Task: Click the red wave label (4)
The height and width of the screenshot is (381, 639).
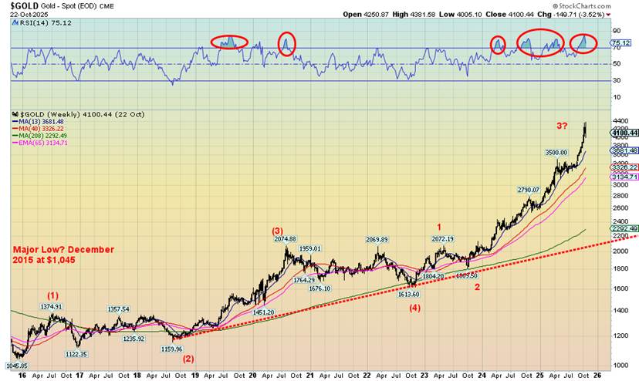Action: click(414, 309)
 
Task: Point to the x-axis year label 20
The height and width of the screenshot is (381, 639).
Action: click(252, 375)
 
